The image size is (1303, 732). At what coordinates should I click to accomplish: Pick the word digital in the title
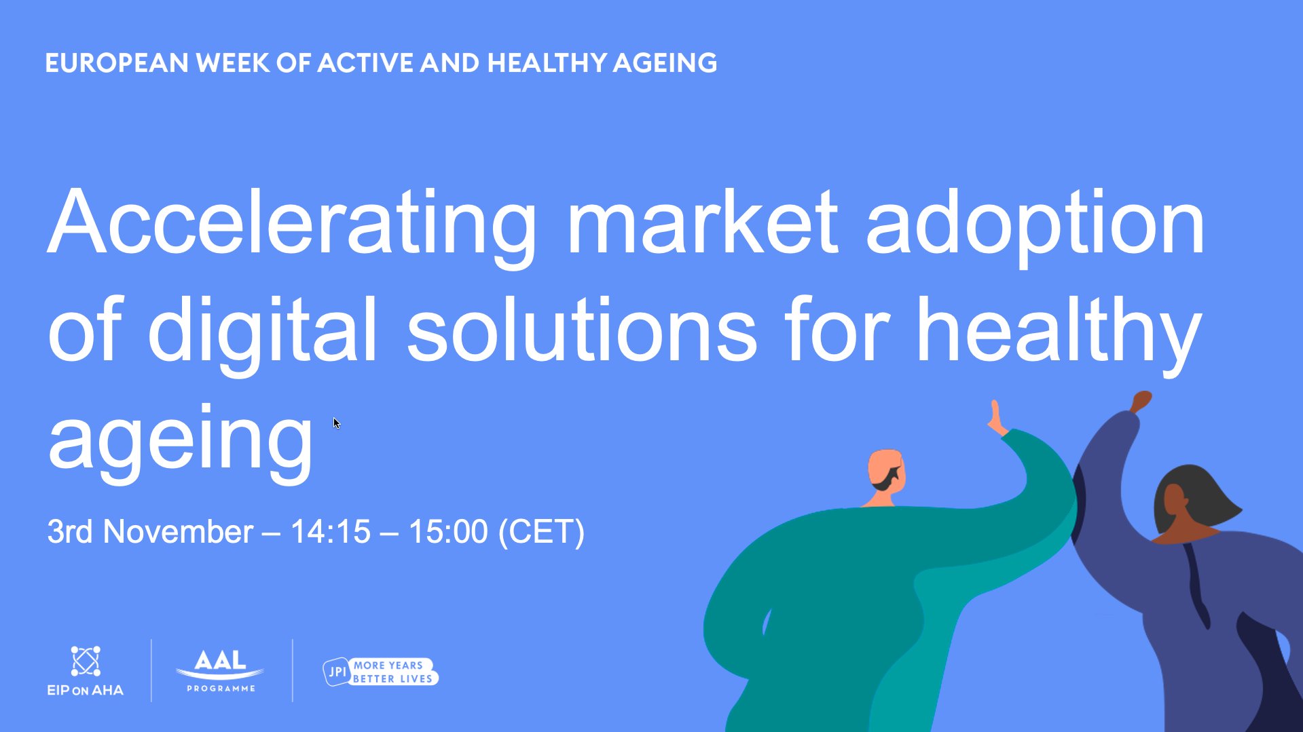tap(262, 332)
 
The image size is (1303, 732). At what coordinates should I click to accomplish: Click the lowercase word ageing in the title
tap(180, 441)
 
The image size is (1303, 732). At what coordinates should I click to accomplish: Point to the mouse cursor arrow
tap(336, 423)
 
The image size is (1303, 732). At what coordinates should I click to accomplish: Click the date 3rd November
tap(150, 531)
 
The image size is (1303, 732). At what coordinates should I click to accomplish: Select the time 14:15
tap(331, 531)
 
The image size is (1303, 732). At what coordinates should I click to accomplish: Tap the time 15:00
tap(447, 531)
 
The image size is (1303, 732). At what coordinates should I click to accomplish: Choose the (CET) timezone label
tap(541, 532)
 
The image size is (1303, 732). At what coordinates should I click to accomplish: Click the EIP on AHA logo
tap(86, 671)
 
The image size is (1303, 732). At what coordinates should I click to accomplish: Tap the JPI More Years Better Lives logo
tap(381, 672)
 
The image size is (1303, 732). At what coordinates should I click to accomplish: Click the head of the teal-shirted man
tap(887, 471)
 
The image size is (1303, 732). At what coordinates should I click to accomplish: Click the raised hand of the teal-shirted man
tap(996, 417)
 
